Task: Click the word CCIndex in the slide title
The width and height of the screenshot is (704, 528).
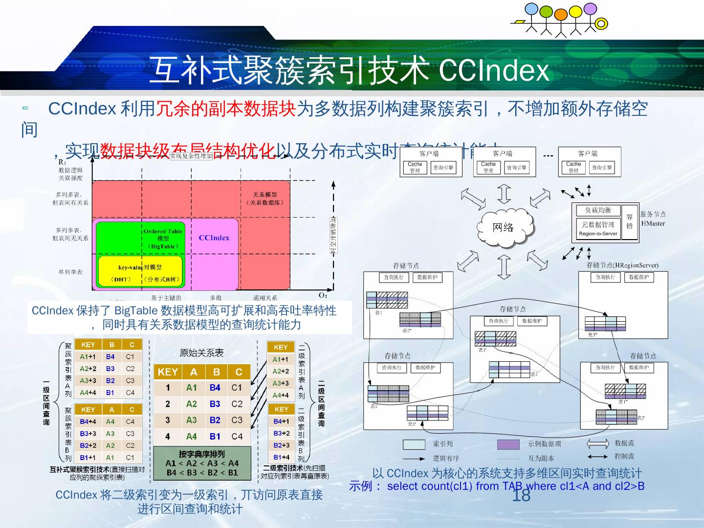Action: click(x=494, y=70)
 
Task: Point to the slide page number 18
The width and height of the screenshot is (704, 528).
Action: click(x=521, y=496)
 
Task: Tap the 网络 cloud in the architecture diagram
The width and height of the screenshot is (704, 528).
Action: click(x=503, y=227)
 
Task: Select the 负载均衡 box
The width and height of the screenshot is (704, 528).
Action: click(x=598, y=210)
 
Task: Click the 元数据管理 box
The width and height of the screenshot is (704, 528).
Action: click(x=598, y=225)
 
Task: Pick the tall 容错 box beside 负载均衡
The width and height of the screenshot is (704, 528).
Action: click(x=630, y=221)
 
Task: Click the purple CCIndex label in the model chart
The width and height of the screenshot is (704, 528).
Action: click(x=214, y=238)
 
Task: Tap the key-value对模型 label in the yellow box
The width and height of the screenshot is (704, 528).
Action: click(x=140, y=267)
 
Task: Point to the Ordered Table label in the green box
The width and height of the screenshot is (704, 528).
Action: click(x=163, y=231)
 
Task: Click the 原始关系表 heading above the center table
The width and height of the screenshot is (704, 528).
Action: click(x=201, y=353)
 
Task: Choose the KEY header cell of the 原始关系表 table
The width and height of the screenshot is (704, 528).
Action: click(x=167, y=372)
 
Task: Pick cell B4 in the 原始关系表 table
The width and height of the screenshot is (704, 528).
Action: click(x=215, y=388)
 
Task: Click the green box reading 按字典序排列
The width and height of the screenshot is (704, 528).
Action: click(x=202, y=462)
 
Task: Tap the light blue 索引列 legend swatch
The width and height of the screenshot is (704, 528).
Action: click(x=414, y=444)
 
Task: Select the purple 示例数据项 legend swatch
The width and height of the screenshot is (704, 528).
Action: click(x=508, y=444)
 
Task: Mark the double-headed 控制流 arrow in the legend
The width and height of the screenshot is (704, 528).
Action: click(x=597, y=457)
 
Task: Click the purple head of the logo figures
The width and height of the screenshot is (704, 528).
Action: click(x=591, y=9)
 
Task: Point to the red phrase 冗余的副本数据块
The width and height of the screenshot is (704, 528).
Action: click(x=226, y=109)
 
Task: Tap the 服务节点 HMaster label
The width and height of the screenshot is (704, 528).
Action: click(x=653, y=219)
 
